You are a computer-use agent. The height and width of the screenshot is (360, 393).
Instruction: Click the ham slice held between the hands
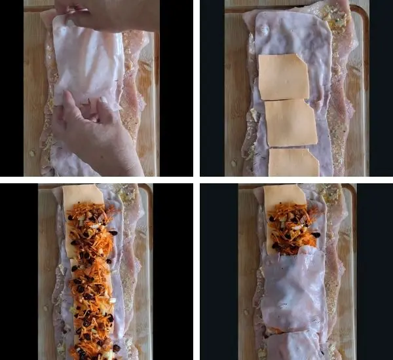(88, 62)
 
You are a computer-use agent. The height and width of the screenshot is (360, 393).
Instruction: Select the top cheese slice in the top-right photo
(283, 76)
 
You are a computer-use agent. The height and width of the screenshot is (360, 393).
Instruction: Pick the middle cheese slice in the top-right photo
(290, 122)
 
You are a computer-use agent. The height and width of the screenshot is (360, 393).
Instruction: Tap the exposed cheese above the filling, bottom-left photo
(83, 194)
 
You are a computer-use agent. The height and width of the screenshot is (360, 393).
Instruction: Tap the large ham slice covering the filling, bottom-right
(293, 288)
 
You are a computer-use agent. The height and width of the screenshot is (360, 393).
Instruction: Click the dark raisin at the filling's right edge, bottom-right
(316, 234)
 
